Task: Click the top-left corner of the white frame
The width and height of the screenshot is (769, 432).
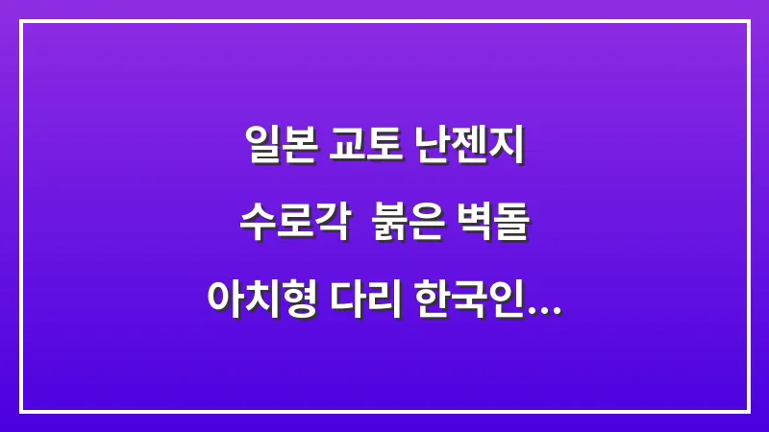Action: pyautogui.click(x=21, y=21)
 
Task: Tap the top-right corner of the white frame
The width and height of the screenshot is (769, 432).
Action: pyautogui.click(x=748, y=21)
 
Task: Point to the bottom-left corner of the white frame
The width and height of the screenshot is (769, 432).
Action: pyautogui.click(x=21, y=411)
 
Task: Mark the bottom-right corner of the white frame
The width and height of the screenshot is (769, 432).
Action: pyautogui.click(x=748, y=411)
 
